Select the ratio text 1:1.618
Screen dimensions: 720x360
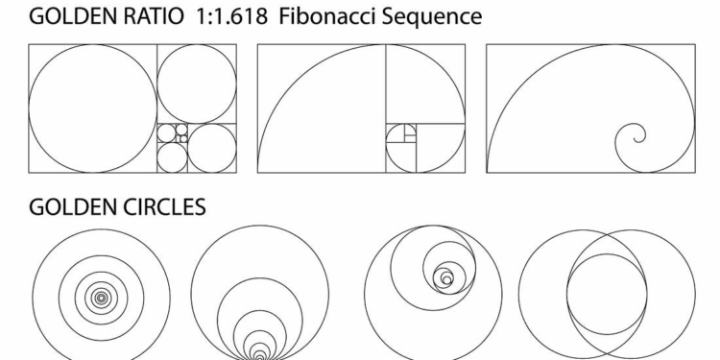[x=232, y=16]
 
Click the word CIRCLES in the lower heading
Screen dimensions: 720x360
[x=168, y=207]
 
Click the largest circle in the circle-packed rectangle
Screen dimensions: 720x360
[x=29, y=108]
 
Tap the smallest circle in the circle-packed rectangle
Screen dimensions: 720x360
[x=183, y=135]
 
